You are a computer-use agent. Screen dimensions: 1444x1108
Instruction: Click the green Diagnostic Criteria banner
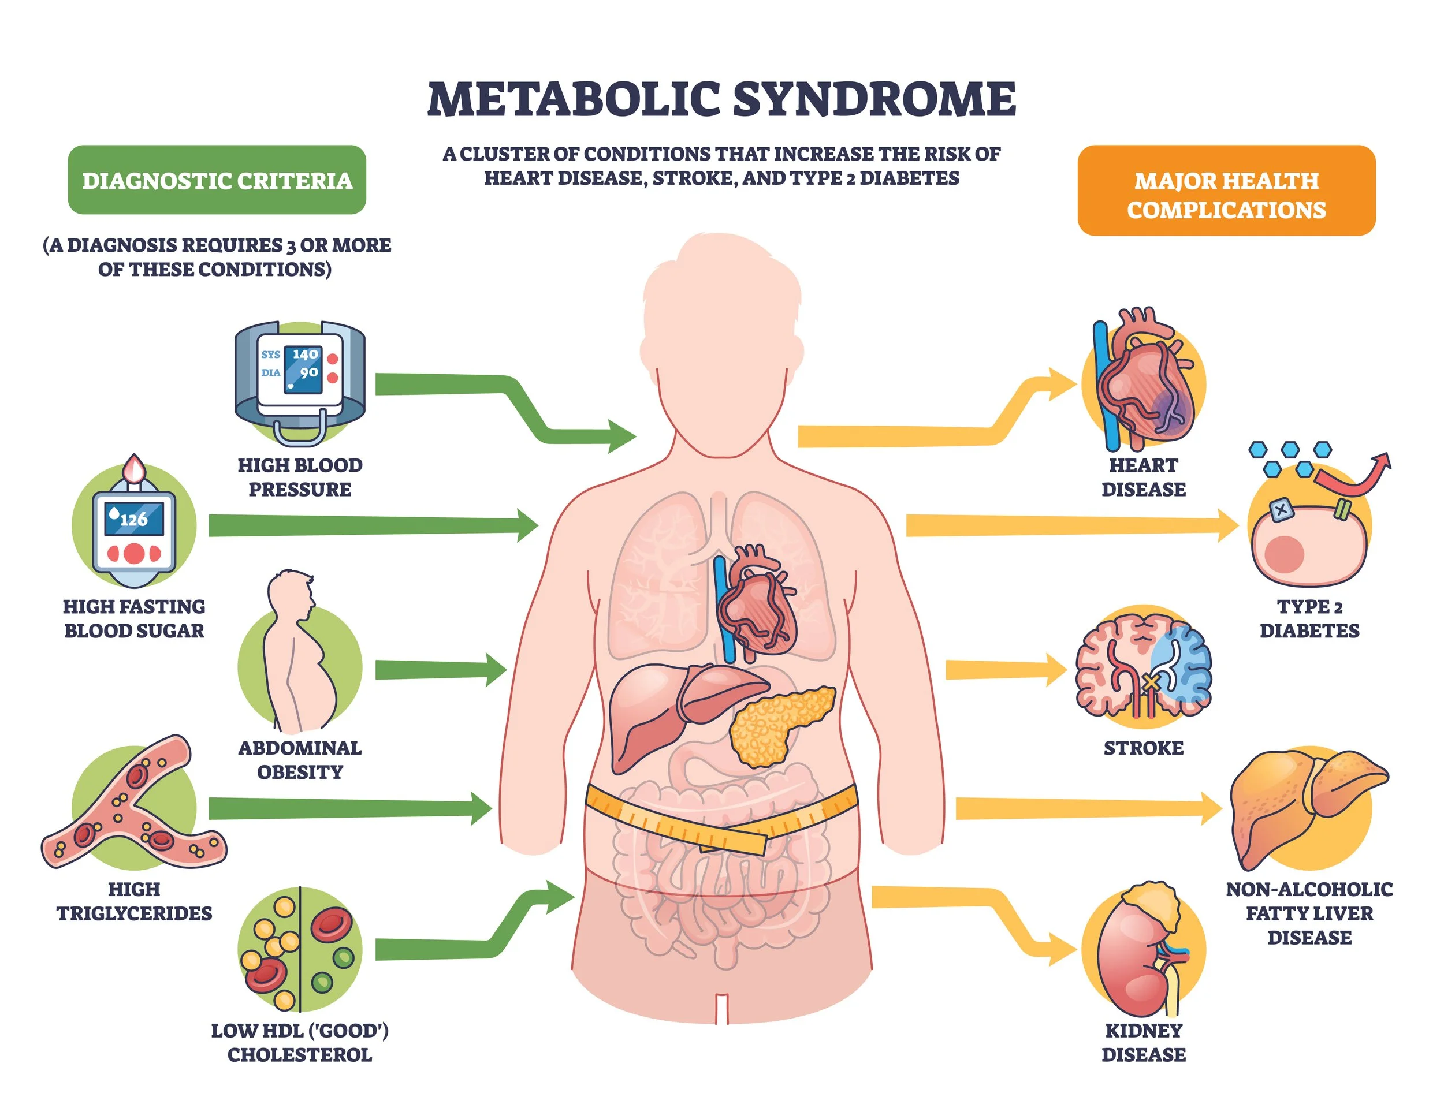pyautogui.click(x=217, y=180)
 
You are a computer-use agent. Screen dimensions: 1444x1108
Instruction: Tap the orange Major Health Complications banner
pyautogui.click(x=1225, y=190)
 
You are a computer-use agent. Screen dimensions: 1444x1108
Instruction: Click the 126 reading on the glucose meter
pyautogui.click(x=134, y=520)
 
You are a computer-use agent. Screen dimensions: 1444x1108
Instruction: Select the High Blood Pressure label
pyautogui.click(x=300, y=477)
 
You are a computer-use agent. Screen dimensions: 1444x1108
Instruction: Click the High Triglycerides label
pyautogui.click(x=134, y=901)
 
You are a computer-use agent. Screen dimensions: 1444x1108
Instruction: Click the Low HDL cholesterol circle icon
pyautogui.click(x=300, y=949)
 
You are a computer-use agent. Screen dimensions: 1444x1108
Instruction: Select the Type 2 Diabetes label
pyautogui.click(x=1309, y=618)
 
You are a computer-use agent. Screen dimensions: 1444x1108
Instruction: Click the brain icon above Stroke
pyautogui.click(x=1143, y=666)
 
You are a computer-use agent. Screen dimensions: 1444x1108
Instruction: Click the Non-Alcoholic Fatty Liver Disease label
pyautogui.click(x=1309, y=913)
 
